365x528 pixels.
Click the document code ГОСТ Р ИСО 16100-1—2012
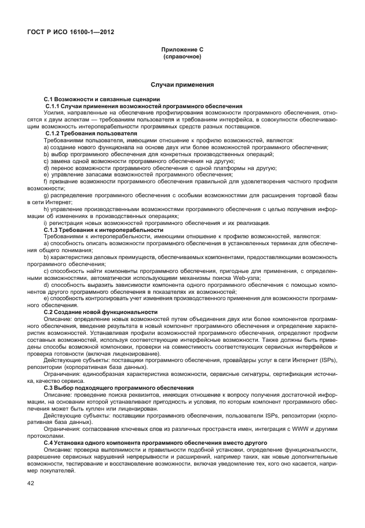(70, 32)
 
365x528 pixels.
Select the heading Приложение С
(182, 50)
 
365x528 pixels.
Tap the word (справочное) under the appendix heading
(182, 57)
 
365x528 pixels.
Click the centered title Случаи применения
(182, 84)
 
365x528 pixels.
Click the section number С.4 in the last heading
(50, 442)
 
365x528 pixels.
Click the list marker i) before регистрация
(45, 223)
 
